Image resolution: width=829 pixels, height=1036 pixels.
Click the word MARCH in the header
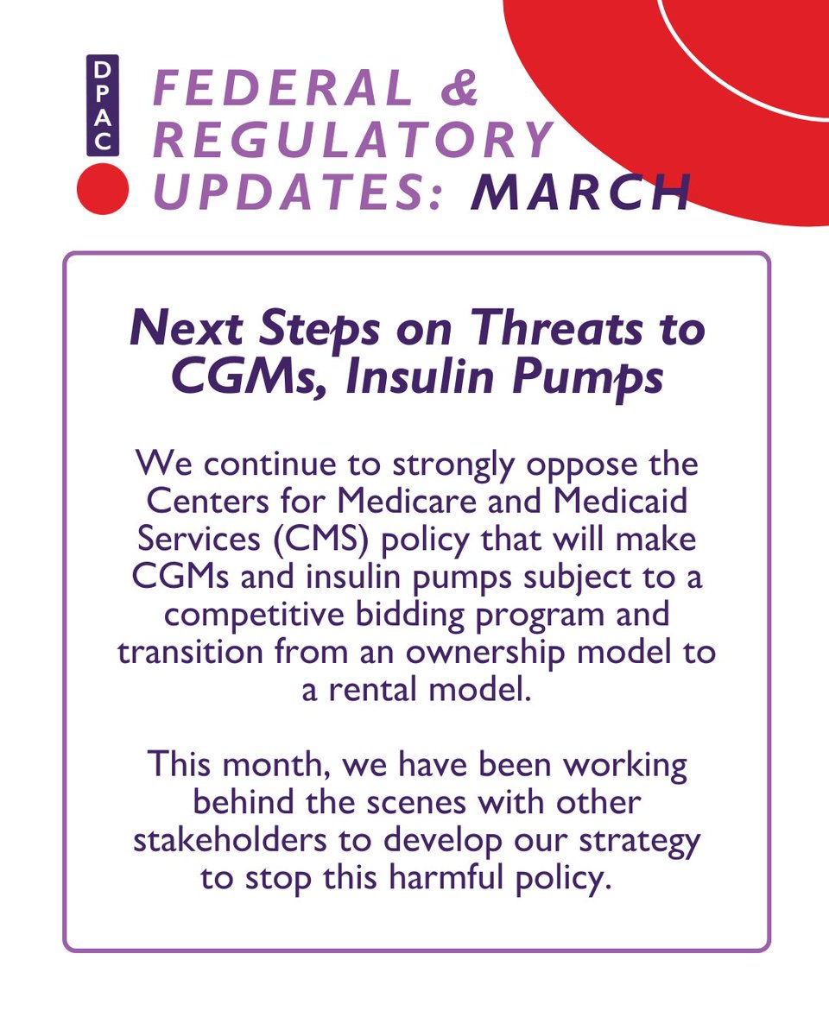[x=581, y=193]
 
